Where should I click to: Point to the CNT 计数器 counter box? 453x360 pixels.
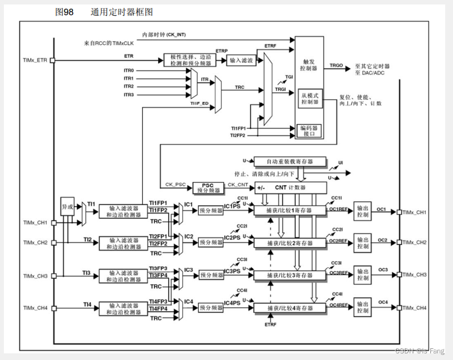tap(290, 188)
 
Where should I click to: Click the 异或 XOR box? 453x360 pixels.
tap(68, 207)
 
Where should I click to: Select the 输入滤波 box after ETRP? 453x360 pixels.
tap(242, 60)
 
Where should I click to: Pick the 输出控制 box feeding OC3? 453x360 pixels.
tap(363, 274)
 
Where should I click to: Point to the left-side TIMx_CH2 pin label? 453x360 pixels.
tap(35, 243)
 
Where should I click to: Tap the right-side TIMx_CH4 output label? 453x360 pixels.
tap(415, 308)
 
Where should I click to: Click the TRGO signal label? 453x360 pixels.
tap(336, 66)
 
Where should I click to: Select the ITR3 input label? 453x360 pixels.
tap(128, 95)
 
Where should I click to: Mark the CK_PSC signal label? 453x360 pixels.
tap(175, 184)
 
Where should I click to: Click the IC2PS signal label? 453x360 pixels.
tap(233, 238)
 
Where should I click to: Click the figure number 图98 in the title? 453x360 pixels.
tap(64, 12)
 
